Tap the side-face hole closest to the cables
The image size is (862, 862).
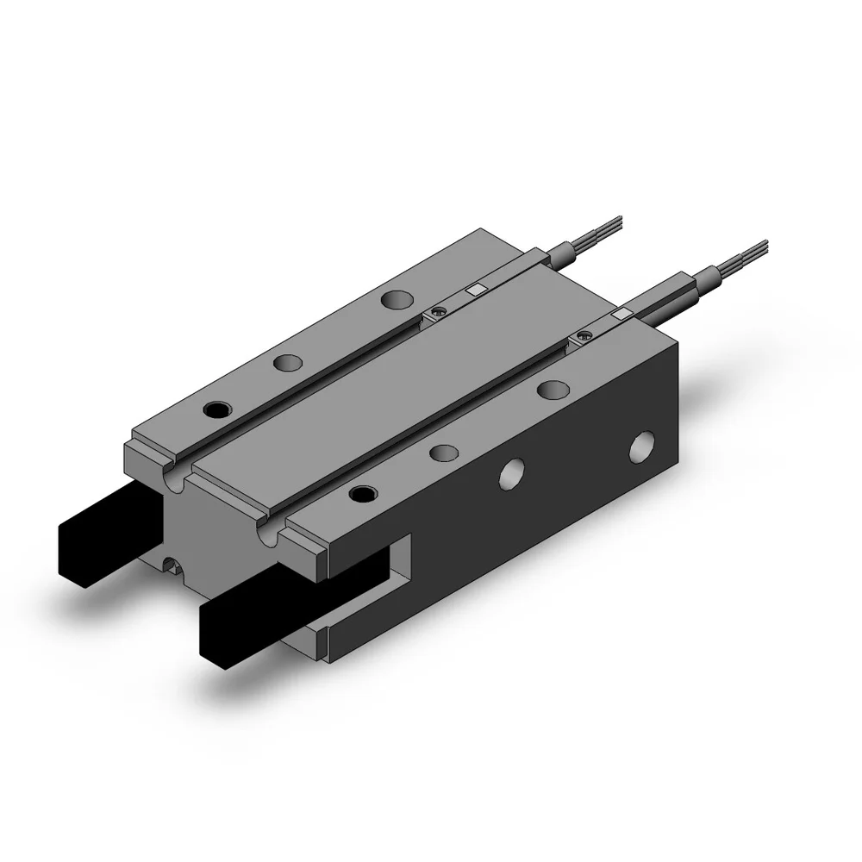click(x=642, y=448)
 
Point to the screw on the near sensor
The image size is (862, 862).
click(x=587, y=334)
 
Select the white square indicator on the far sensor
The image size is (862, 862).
click(x=474, y=290)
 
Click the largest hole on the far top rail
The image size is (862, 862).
click(x=397, y=300)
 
